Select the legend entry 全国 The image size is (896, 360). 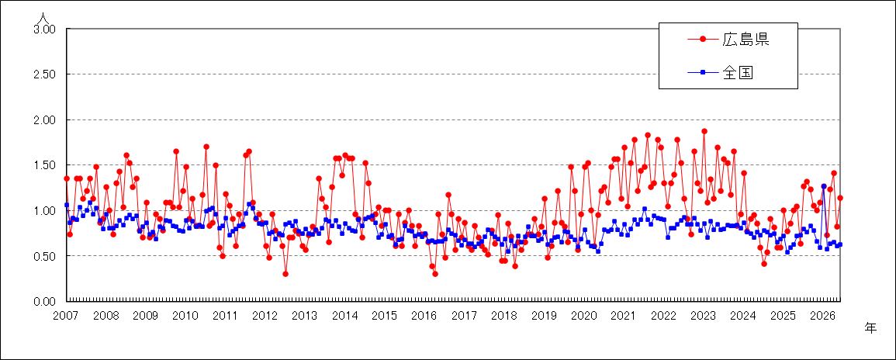tap(721, 72)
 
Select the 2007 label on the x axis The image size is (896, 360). tap(66, 316)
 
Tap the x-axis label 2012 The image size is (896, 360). tap(266, 316)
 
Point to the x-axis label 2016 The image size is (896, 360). tap(425, 316)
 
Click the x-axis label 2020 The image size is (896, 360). tap(585, 316)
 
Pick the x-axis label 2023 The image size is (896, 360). tap(704, 316)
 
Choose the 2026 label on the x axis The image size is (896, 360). tap(823, 316)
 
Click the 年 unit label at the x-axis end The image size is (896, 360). tap(870, 327)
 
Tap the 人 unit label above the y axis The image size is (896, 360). tap(43, 18)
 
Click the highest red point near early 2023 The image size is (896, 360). tap(704, 131)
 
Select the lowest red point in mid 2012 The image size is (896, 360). tap(285, 274)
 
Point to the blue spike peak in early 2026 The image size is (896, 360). tap(823, 186)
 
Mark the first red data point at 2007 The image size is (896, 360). tap(66, 178)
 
